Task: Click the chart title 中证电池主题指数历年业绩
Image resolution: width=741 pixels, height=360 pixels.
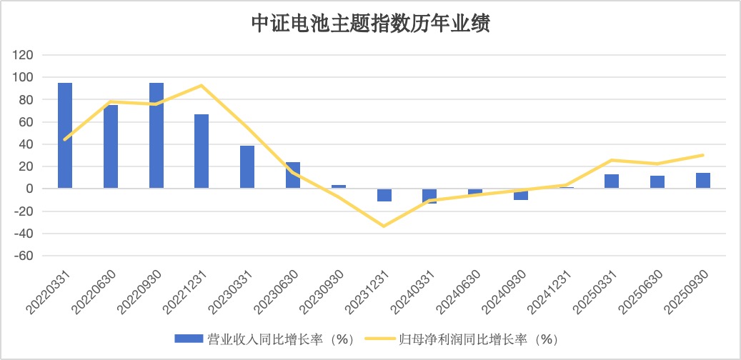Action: coord(370,24)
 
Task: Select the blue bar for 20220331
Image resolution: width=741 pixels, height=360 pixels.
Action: coord(65,136)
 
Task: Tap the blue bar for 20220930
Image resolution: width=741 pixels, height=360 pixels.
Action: coord(156,136)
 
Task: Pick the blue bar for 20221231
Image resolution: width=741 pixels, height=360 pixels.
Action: coord(202,151)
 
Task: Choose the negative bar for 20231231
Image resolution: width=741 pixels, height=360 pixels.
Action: coord(384,195)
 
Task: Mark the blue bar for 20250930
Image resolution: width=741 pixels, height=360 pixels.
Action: coord(703,181)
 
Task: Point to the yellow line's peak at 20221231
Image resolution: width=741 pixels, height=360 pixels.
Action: coord(202,85)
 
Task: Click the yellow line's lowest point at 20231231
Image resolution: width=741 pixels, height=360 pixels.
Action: coord(384,226)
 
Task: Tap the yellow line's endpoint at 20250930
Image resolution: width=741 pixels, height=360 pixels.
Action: coord(703,155)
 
